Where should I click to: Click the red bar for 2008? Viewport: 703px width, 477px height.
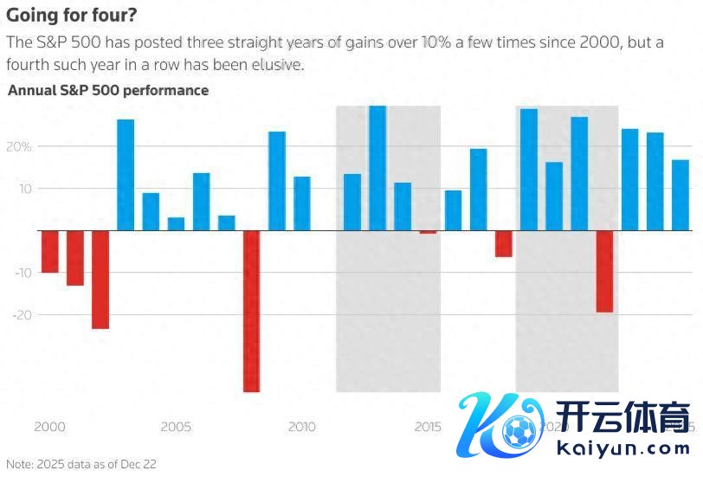point(251,311)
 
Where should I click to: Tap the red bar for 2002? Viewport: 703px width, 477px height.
point(100,280)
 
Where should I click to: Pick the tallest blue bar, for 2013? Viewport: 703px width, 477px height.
point(377,168)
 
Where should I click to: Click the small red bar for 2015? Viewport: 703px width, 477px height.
point(428,232)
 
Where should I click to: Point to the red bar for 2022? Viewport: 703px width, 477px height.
point(604,271)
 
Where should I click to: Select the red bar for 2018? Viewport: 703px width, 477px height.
point(504,243)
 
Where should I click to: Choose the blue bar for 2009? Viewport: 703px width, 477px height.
point(277,181)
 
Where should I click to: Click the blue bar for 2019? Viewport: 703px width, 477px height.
point(529,170)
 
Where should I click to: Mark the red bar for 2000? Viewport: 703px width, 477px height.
point(50,251)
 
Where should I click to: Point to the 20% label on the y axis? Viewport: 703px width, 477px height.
point(21,146)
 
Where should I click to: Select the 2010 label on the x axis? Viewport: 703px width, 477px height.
point(301,427)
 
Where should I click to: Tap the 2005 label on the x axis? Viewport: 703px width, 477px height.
point(176,427)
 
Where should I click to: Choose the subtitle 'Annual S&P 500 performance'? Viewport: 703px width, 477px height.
point(108,89)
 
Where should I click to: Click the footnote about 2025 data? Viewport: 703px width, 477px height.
point(81,464)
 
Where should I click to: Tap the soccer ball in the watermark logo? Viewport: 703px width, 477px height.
point(519,430)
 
